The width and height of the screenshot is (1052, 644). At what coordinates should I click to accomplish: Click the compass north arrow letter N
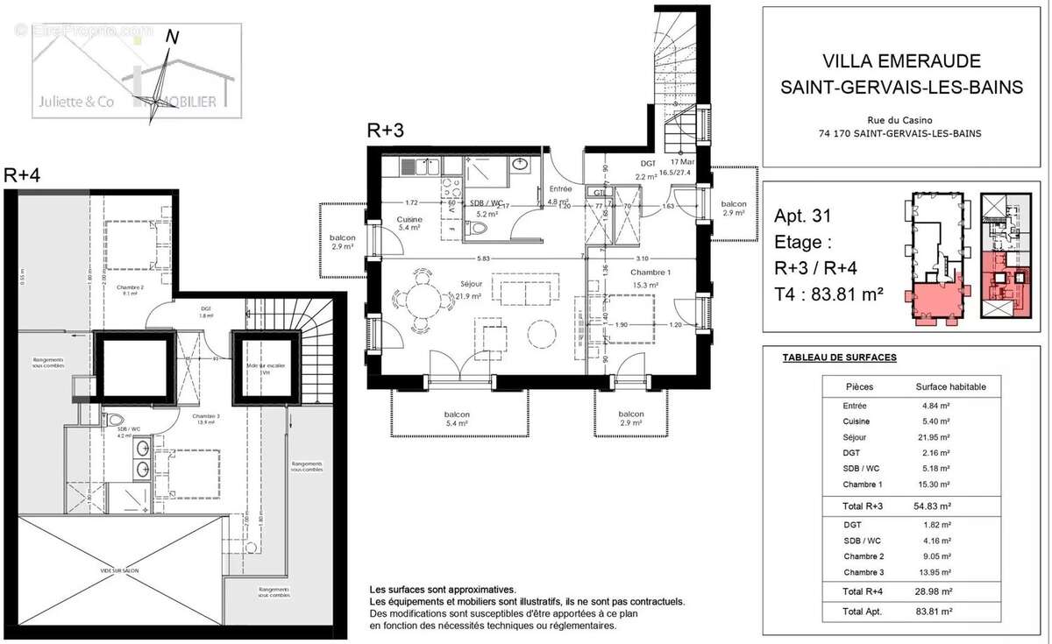tap(173, 37)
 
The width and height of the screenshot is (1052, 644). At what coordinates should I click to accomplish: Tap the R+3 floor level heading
tap(386, 131)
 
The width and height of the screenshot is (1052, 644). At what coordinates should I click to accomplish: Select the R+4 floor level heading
tap(23, 174)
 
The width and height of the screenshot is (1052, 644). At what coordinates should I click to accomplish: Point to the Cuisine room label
tap(409, 220)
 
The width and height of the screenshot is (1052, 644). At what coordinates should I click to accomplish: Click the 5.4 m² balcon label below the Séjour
tap(456, 420)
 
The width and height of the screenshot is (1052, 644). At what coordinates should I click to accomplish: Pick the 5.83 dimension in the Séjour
tap(484, 258)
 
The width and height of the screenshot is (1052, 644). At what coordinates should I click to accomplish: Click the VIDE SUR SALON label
tap(118, 570)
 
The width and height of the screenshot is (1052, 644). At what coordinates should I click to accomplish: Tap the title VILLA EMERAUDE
tap(901, 61)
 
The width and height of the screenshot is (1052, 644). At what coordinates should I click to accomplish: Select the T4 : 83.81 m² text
tap(828, 294)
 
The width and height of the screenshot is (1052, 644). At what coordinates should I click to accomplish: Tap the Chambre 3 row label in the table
tap(865, 572)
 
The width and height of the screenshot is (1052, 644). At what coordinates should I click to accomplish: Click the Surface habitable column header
tap(950, 386)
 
